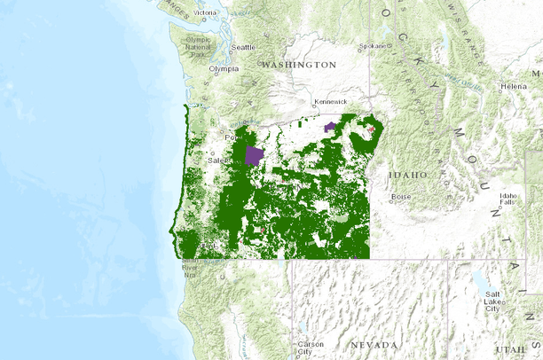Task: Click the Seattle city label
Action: [x=242, y=47]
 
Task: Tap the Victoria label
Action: [x=206, y=12]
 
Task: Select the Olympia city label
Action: [x=224, y=68]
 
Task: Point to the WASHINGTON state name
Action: [x=299, y=65]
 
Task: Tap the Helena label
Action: [x=513, y=86]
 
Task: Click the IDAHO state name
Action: [x=408, y=176]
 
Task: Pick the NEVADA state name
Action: [x=374, y=343]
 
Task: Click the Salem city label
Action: [x=218, y=161]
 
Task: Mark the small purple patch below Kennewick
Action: [x=331, y=128]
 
